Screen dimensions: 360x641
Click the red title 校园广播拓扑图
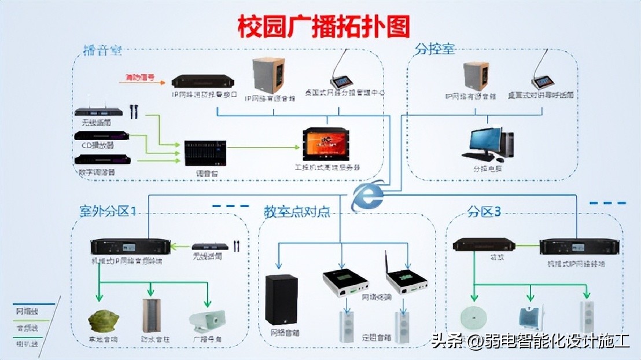tap(324, 26)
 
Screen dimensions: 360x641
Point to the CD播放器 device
tap(102, 136)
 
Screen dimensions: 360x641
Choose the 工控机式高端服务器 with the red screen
tap(326, 144)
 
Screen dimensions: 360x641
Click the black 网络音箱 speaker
tap(281, 299)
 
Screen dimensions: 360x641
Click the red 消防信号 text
tap(140, 76)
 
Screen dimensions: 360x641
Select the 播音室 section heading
tap(102, 50)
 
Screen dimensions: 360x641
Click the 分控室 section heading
tap(435, 49)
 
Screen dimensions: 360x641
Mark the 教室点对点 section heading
tap(296, 212)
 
